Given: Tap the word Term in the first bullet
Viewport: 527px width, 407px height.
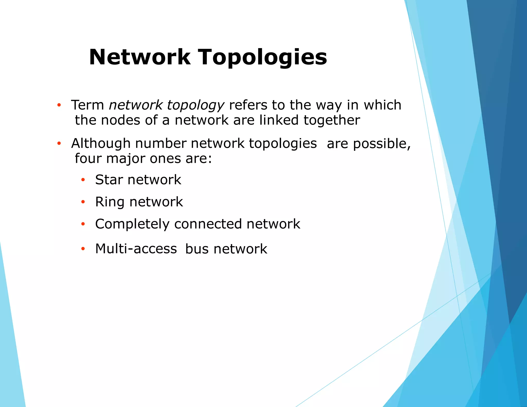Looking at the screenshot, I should point(87,105).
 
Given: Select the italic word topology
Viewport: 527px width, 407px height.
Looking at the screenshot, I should point(196,105).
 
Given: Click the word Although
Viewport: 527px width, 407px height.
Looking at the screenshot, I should point(101,143).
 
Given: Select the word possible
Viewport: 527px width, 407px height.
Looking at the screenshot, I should point(381,144).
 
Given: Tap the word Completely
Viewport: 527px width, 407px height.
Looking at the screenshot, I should point(132,224).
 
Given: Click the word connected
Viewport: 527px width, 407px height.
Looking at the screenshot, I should point(208,224).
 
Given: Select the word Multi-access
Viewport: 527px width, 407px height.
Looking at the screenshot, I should point(136,249).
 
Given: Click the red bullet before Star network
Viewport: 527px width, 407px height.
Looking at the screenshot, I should point(83,180).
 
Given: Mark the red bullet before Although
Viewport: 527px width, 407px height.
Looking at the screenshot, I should point(59,143).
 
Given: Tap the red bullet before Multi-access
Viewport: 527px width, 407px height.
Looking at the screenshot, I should point(83,249).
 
